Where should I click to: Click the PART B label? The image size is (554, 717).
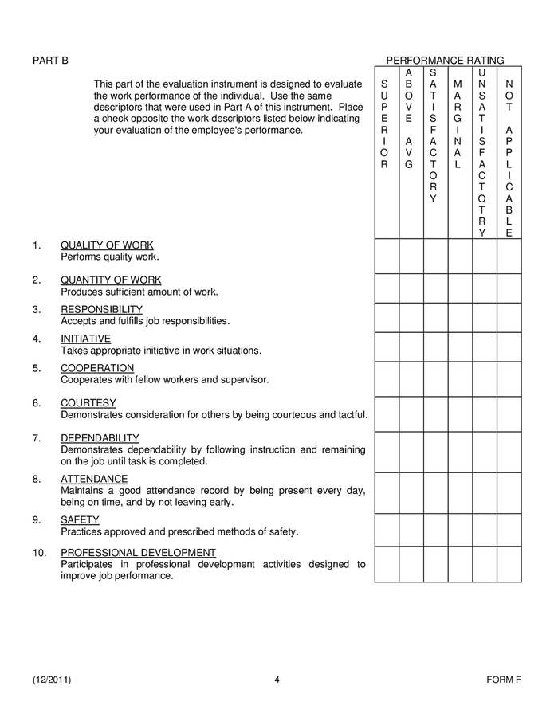(50, 61)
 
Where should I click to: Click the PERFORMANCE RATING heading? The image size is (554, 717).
(445, 61)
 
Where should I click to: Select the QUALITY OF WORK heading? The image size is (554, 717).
(107, 245)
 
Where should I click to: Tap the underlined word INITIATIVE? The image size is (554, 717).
(85, 339)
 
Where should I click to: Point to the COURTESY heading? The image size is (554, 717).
(88, 403)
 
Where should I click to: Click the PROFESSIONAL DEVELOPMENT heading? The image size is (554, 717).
(138, 553)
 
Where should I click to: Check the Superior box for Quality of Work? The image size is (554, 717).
(387, 256)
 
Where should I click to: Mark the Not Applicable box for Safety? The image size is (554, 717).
(509, 530)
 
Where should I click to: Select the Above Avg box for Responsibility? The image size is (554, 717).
(411, 317)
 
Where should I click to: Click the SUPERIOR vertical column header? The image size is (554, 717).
(385, 124)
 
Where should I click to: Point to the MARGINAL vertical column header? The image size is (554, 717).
(458, 124)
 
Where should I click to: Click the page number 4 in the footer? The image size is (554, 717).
(277, 680)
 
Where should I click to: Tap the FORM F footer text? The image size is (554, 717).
(504, 680)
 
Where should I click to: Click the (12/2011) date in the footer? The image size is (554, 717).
(57, 680)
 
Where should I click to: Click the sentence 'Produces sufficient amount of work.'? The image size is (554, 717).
(139, 292)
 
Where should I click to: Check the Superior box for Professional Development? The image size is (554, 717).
(387, 564)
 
